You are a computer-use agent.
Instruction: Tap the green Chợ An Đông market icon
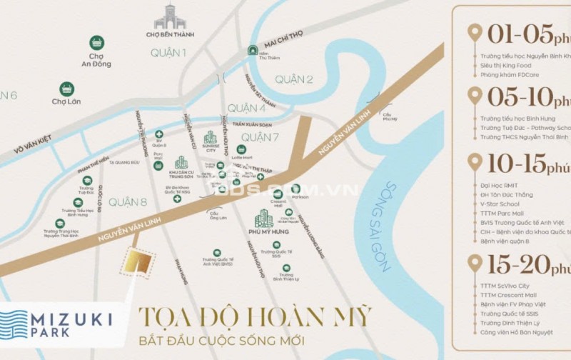coord(96,43)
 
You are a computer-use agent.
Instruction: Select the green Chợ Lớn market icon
coord(66,89)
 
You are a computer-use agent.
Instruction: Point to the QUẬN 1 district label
coord(168,53)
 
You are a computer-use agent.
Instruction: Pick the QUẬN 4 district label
coord(246,109)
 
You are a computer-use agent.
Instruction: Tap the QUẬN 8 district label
coord(128,202)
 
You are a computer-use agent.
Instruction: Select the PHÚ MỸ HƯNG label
coord(265,231)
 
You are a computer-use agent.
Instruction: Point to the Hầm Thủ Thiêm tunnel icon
coord(253,51)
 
